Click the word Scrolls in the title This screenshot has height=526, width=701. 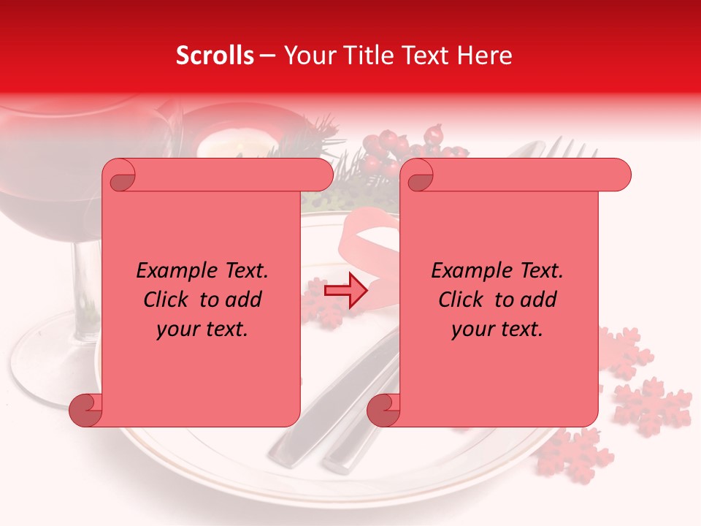click(x=215, y=56)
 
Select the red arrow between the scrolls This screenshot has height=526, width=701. click(x=345, y=290)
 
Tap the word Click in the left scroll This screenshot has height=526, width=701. click(x=167, y=300)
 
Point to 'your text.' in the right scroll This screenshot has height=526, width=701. click(x=497, y=329)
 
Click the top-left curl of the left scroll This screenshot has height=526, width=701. click(x=119, y=175)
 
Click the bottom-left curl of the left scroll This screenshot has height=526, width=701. click(x=86, y=410)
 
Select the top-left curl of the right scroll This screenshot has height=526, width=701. click(x=417, y=175)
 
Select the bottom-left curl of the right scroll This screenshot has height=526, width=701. click(x=383, y=410)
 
